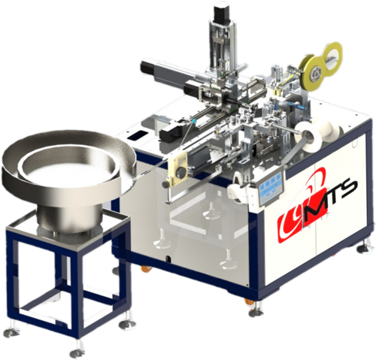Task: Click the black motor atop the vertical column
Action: pyautogui.click(x=220, y=14)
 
